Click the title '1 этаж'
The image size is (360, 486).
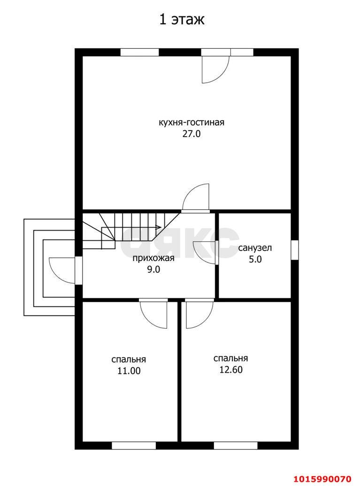[182, 20]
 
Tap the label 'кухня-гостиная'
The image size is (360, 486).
[191, 123]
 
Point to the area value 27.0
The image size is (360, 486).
[191, 134]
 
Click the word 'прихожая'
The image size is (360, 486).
[153, 259]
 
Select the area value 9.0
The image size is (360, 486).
[153, 270]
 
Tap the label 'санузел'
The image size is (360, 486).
[255, 248]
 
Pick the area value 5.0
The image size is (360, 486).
[255, 259]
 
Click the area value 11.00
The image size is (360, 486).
[129, 370]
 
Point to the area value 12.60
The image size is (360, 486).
[231, 370]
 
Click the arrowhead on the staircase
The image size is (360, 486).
[158, 227]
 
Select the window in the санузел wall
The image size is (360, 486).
[295, 250]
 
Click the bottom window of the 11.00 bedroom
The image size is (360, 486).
[134, 446]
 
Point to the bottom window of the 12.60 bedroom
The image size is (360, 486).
[236, 446]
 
